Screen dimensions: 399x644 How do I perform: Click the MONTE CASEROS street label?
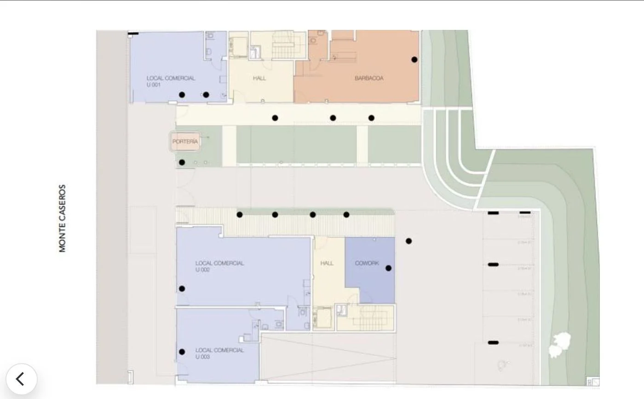coord(63,218)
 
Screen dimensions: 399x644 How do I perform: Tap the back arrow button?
coord(21,379)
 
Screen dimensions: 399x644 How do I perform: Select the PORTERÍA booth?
coord(185,142)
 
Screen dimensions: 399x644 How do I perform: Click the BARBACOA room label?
coord(369,78)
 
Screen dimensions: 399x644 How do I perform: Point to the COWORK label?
coord(367,263)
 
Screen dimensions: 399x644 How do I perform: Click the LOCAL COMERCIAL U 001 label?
coord(171,81)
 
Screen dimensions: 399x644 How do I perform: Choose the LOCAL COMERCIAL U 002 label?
coord(219,267)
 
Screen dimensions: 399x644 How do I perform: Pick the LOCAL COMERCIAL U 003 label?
coord(219,353)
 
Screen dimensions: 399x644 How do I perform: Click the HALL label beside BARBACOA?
coord(259,78)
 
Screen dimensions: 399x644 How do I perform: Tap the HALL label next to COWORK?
coord(327,263)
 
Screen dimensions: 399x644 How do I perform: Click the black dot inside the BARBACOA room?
coord(414,59)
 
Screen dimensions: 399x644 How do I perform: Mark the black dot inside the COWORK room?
coord(388,268)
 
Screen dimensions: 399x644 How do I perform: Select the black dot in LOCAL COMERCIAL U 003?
coord(182,352)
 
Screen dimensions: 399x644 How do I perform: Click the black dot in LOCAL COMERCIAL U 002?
coord(182,289)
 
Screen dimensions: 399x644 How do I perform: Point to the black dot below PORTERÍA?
coord(182,162)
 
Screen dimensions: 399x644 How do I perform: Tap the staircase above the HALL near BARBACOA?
coord(282,46)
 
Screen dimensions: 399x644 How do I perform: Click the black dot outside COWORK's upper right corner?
coord(408,241)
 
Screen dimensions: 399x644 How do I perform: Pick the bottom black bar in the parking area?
coord(493,342)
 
